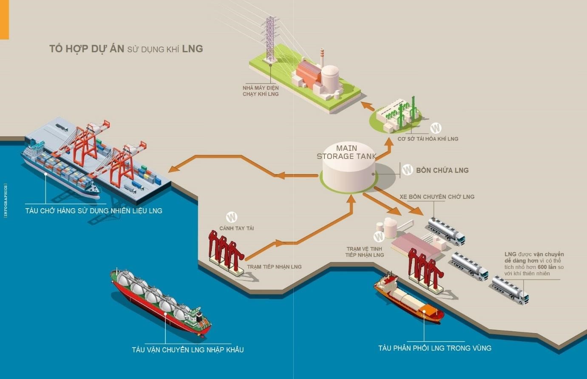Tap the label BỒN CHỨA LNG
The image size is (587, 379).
point(442,170)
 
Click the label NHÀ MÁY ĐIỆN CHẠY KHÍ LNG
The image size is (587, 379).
point(261,91)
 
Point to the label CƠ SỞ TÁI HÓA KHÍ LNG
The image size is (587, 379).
point(428,139)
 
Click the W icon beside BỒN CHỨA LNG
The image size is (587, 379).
point(407,170)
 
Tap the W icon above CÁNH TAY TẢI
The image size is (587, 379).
point(232,217)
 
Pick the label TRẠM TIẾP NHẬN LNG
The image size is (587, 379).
point(274,267)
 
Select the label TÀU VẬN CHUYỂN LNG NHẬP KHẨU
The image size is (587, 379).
point(187,350)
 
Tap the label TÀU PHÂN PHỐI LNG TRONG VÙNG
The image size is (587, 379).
point(434,348)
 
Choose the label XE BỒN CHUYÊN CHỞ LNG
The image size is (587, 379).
point(437,197)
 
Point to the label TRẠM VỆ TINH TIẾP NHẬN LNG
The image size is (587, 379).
point(364,252)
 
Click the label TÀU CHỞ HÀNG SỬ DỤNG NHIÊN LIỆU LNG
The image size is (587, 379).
point(94,211)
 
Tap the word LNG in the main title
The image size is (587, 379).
point(192,49)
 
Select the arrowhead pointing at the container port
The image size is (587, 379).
point(173,170)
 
